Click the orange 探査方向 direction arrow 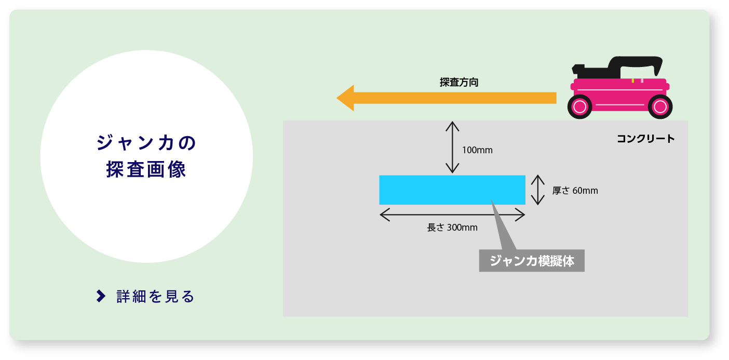click(446, 98)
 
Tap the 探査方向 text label click(459, 83)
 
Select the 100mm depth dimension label click(477, 150)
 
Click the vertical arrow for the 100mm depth click(452, 147)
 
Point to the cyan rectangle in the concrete click(452, 190)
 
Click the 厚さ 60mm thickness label click(575, 191)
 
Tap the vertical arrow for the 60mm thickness click(538, 190)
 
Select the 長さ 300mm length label click(452, 227)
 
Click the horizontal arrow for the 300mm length click(452, 215)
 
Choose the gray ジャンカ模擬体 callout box click(532, 261)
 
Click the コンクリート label click(646, 139)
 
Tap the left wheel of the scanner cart click(579, 107)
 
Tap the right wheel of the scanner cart click(660, 107)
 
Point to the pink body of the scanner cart click(620, 95)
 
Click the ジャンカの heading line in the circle click(146, 143)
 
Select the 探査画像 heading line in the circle click(146, 169)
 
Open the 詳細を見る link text click(156, 297)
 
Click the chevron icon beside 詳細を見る click(101, 296)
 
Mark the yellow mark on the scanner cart click(632, 81)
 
